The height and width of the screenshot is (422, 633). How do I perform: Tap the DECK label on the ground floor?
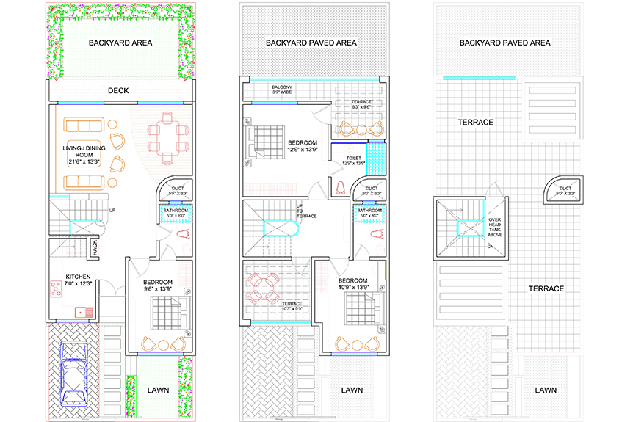pyautogui.click(x=118, y=91)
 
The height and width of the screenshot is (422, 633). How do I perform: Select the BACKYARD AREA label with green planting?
pyautogui.click(x=120, y=43)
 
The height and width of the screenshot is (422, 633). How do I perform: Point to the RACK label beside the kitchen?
pyautogui.click(x=95, y=249)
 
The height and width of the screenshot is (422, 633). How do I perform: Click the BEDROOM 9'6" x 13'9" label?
pyautogui.click(x=157, y=286)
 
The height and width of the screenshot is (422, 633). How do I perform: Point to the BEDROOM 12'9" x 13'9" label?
pyautogui.click(x=302, y=145)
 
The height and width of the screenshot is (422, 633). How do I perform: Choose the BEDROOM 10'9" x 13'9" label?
pyautogui.click(x=352, y=285)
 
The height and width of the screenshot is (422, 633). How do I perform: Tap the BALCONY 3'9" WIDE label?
pyautogui.click(x=283, y=90)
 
